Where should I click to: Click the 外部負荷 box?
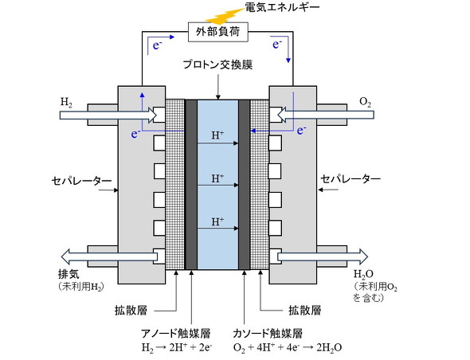point(218,32)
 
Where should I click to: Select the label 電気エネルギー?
point(282,7)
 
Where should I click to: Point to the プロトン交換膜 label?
point(218,65)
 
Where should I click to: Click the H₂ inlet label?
point(66,102)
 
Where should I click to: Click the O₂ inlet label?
point(365,102)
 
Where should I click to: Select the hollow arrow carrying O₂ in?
point(326,115)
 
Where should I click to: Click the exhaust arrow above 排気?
point(110,256)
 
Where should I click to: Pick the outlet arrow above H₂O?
point(323,256)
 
